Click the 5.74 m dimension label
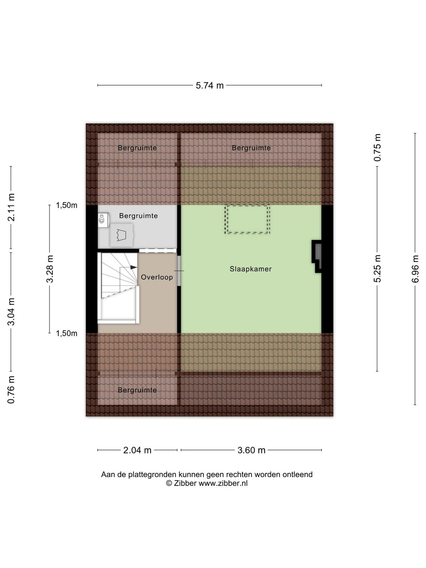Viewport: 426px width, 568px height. coord(209,85)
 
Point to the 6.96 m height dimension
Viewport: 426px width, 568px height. coord(415,269)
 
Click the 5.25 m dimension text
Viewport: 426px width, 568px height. coord(377,268)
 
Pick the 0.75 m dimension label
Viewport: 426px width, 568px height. coord(377,147)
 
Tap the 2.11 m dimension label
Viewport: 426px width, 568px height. coord(11,207)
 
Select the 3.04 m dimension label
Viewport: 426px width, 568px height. coord(11,311)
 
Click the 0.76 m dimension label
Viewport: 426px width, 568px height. coord(11,390)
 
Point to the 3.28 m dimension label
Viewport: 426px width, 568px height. coord(49,269)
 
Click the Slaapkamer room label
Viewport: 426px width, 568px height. coord(251,269)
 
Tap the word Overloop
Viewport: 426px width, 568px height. coord(157,277)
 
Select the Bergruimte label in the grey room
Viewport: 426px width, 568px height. coord(138,215)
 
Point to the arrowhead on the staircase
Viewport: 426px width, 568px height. coord(133,267)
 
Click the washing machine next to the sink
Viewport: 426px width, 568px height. coord(121,235)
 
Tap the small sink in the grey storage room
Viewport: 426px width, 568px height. coord(103,220)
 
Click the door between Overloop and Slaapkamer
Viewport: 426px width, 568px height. coord(179,271)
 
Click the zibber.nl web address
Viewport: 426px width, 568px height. coord(223,483)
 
